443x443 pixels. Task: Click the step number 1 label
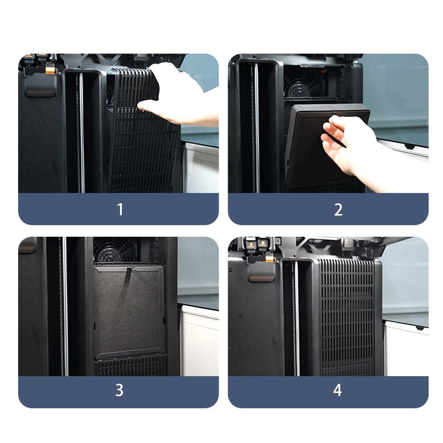coord(120,210)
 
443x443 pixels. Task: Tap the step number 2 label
coord(338,210)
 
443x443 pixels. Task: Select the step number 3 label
coord(119,390)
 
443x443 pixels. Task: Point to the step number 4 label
coord(338,390)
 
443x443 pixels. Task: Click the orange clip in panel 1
coord(50,69)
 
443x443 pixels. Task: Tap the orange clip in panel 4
coord(270,258)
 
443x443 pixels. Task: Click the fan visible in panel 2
coord(304,83)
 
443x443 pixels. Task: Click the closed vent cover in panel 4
coord(347,317)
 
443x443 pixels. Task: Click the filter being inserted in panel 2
coord(325,145)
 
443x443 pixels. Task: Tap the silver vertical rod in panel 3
coord(65,306)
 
